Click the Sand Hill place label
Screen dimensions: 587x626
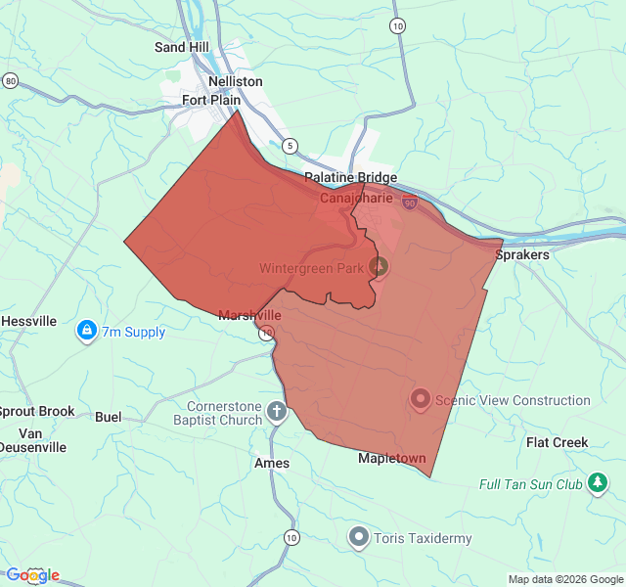tap(183, 47)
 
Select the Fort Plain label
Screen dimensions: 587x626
tap(210, 99)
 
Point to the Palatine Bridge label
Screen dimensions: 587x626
tap(350, 177)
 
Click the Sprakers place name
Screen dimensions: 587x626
tap(522, 254)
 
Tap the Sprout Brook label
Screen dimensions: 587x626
tap(36, 412)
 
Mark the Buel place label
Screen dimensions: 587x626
tap(109, 417)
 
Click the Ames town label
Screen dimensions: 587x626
tap(272, 463)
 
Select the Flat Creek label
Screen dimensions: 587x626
tap(558, 442)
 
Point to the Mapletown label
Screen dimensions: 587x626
tap(392, 458)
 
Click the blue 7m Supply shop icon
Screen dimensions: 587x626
tap(87, 332)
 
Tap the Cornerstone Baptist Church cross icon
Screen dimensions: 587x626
tap(278, 412)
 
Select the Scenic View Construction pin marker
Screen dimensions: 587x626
tap(420, 399)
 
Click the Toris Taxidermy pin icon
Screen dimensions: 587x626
tap(359, 537)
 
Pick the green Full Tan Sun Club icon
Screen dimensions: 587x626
tap(598, 484)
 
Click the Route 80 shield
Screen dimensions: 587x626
tap(10, 80)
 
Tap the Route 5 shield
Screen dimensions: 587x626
tap(290, 146)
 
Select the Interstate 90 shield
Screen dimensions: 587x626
tap(409, 203)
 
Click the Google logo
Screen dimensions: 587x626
tap(32, 575)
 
